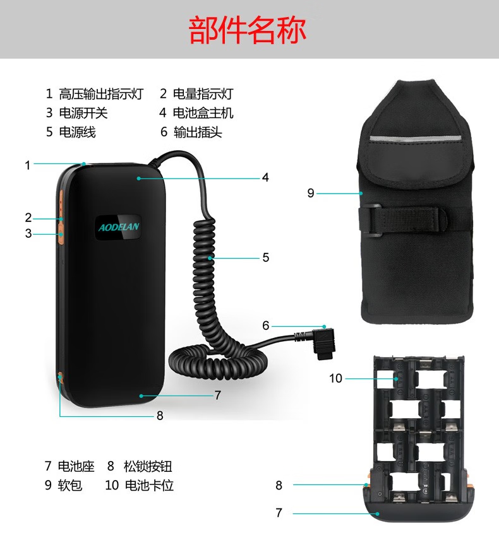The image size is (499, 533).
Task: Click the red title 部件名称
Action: point(247,30)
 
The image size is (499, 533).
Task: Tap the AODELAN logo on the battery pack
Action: point(119,226)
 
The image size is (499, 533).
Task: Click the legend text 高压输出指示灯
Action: point(101,94)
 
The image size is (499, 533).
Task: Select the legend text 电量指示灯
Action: point(203,94)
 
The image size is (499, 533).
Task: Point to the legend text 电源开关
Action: point(83,113)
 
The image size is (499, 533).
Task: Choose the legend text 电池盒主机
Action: point(203,113)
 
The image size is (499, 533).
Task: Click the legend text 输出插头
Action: point(198,132)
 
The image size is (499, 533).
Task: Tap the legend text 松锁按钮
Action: point(148,466)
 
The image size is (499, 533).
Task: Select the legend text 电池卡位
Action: point(150,485)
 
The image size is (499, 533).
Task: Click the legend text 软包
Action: point(69,485)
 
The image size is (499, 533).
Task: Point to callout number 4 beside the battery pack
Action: point(265,177)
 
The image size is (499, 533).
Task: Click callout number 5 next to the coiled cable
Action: point(266,257)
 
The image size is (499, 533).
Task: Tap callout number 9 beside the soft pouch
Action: point(310,193)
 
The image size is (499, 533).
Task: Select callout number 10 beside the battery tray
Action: point(335,378)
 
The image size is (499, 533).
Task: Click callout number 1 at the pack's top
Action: point(28,165)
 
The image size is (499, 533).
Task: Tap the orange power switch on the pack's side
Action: point(61,234)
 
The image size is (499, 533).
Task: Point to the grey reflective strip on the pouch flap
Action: point(415,139)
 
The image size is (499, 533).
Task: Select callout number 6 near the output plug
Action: point(265,325)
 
